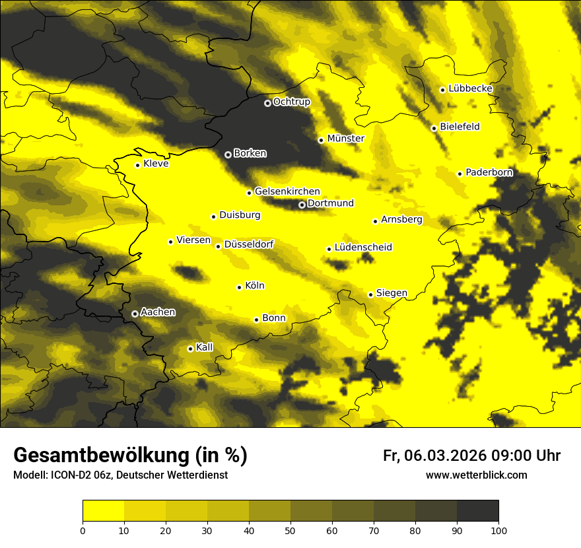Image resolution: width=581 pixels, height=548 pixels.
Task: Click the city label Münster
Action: pyautogui.click(x=345, y=139)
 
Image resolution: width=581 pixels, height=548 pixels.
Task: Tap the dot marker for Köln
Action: pyautogui.click(x=239, y=287)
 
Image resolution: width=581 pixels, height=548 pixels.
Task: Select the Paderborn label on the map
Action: pyautogui.click(x=489, y=172)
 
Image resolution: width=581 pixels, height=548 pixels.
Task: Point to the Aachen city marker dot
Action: pyautogui.click(x=135, y=314)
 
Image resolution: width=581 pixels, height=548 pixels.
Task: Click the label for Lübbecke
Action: pyautogui.click(x=470, y=88)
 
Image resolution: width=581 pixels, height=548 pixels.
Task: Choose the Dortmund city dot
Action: pyautogui.click(x=302, y=205)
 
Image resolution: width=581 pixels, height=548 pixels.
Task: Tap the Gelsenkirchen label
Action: pyautogui.click(x=287, y=191)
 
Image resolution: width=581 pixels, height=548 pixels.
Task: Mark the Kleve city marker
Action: pyautogui.click(x=137, y=165)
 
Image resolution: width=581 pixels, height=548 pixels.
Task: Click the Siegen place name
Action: pyautogui.click(x=392, y=293)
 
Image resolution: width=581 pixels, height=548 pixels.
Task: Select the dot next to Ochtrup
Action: pyautogui.click(x=267, y=103)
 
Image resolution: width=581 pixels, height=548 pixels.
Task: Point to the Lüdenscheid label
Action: pyautogui.click(x=363, y=248)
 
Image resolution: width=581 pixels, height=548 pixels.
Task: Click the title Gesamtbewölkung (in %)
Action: pyautogui.click(x=130, y=456)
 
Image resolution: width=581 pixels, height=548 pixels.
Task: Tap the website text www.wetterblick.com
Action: pyautogui.click(x=476, y=475)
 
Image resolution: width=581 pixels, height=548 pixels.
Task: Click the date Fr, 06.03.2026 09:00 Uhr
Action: pyautogui.click(x=471, y=456)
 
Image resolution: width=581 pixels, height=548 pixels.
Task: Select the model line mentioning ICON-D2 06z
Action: pyautogui.click(x=120, y=475)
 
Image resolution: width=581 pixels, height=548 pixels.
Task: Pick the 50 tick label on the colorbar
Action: pyautogui.click(x=290, y=530)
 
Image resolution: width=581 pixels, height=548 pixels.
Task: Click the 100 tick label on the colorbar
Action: pyautogui.click(x=498, y=530)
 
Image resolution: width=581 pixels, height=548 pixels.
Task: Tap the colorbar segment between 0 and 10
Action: pyautogui.click(x=104, y=511)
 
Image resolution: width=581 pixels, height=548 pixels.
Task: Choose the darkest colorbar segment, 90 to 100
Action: pyautogui.click(x=477, y=511)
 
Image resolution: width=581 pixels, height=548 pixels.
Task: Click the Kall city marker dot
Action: pyautogui.click(x=190, y=349)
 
